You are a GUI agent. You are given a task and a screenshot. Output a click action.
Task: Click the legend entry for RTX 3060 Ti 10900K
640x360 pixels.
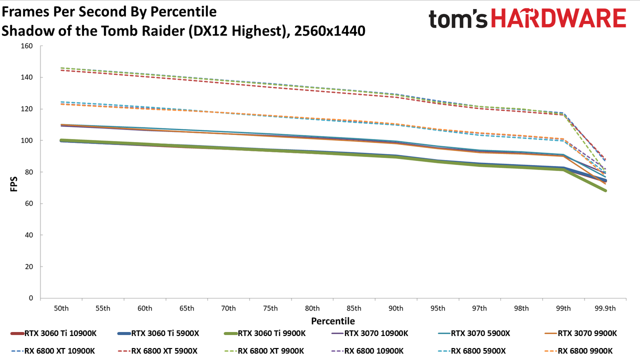click(53, 333)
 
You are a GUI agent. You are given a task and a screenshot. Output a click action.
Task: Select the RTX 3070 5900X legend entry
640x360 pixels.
click(473, 333)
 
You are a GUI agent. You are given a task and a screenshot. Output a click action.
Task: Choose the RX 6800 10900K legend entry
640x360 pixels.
click(367, 351)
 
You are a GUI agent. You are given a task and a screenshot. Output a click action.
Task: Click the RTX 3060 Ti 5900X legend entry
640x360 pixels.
click(158, 333)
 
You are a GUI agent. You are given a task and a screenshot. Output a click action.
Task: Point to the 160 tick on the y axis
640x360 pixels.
click(27, 46)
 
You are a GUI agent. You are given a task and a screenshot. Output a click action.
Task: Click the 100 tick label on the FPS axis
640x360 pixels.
click(27, 140)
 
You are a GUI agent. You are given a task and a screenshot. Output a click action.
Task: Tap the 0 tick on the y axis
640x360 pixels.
click(31, 298)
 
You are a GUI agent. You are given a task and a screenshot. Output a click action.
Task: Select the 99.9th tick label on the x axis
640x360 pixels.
click(605, 308)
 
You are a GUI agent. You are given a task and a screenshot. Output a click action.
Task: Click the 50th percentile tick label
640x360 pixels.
click(61, 308)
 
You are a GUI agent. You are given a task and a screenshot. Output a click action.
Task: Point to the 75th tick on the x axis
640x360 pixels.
click(270, 308)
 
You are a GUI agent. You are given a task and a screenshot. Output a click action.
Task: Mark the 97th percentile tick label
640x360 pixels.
click(479, 308)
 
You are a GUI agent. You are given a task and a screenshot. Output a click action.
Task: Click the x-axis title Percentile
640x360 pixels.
click(333, 321)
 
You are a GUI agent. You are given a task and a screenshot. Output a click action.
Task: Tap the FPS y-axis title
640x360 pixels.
click(13, 184)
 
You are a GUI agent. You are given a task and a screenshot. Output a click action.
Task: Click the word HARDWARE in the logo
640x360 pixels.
click(558, 18)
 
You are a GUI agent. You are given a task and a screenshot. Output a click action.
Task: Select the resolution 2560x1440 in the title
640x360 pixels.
click(329, 31)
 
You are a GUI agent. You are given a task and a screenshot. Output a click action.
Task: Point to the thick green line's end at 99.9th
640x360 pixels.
click(605, 190)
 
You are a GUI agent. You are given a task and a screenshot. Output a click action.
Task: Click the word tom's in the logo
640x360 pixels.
click(458, 19)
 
